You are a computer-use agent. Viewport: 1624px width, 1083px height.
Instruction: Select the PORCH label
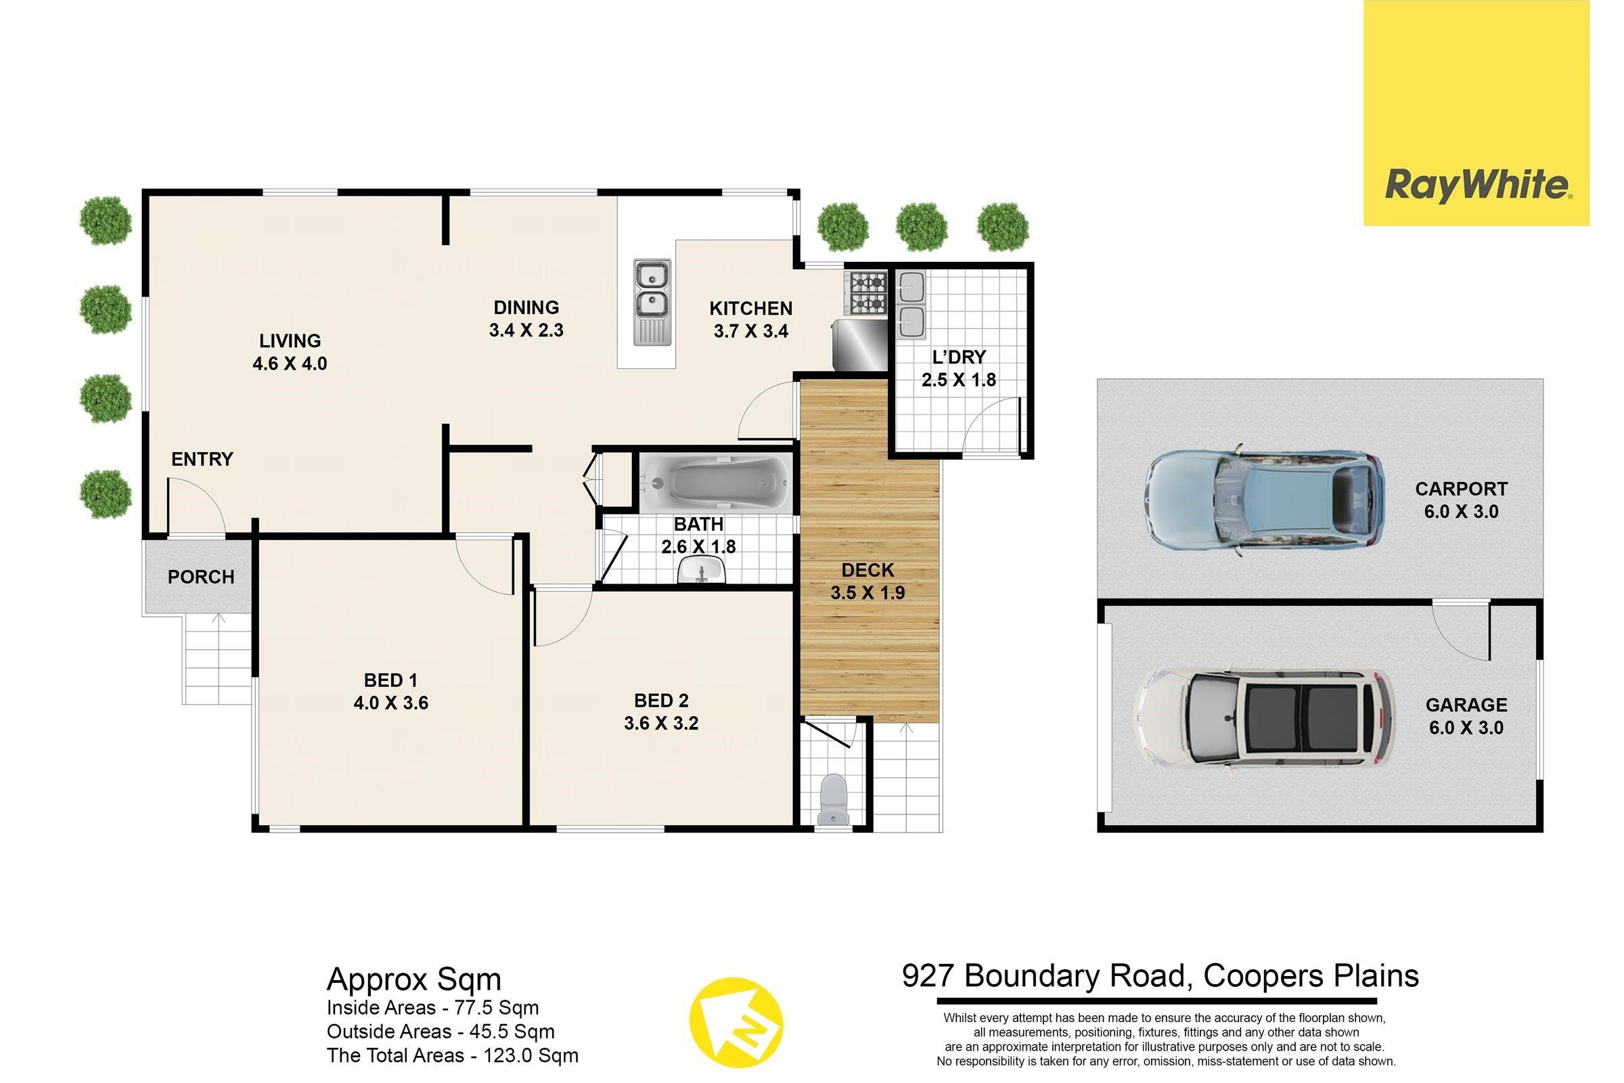coord(201,577)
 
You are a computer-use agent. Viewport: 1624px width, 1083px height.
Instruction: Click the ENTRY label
coord(202,460)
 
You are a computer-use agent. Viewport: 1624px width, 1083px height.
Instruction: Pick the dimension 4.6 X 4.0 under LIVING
coord(290,363)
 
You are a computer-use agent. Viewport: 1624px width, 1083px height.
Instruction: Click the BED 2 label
coord(661,701)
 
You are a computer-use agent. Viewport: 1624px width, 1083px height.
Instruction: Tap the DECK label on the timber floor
coord(867,570)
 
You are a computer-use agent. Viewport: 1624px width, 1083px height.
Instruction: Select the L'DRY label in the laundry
coord(959,357)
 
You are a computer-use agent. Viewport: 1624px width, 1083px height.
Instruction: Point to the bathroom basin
coord(702,571)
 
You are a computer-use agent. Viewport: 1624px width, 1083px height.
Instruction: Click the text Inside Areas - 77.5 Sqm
coord(433,1008)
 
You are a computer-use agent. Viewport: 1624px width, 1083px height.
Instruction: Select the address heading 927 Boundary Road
coord(1160,976)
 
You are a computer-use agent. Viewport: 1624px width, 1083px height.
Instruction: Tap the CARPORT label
coord(1461,489)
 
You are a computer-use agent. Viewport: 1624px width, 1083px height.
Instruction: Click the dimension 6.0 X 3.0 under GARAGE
coord(1466,727)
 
